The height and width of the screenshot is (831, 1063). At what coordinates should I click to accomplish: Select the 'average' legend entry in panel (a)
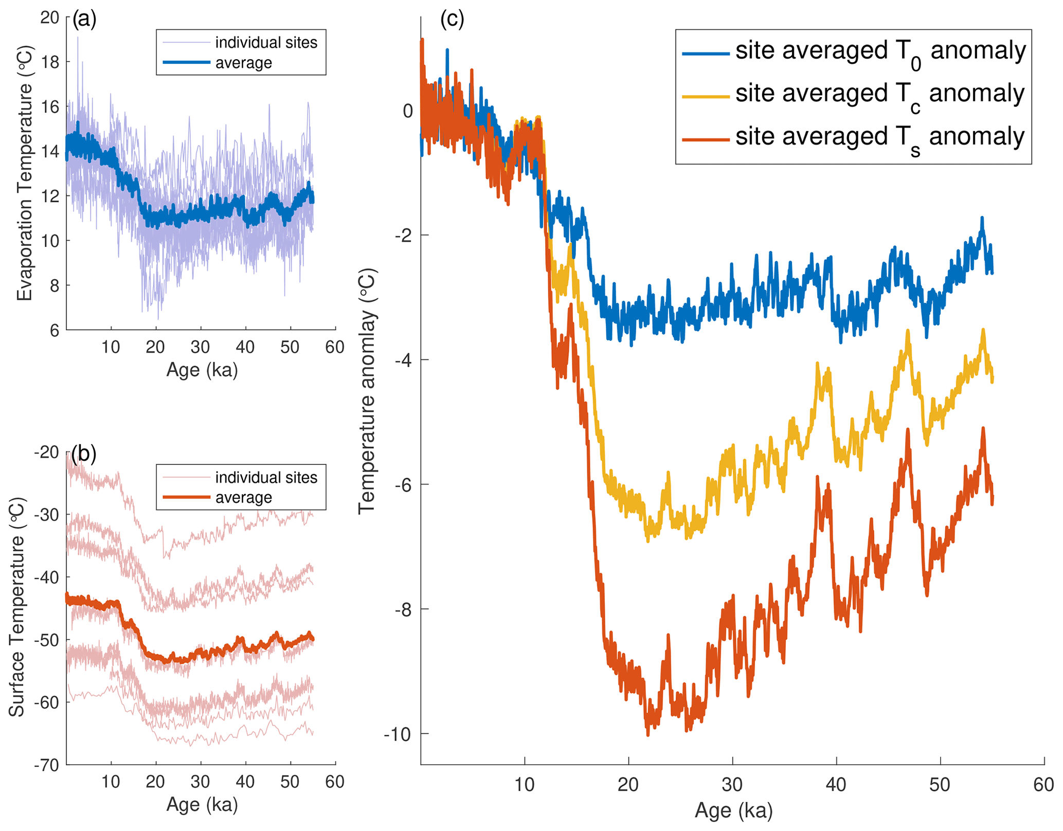(243, 63)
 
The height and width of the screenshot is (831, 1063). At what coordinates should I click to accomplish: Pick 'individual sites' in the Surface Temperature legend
(266, 477)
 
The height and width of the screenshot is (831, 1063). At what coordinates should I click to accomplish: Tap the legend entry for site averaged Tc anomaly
(879, 95)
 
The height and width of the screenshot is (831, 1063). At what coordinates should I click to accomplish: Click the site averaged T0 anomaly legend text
(880, 52)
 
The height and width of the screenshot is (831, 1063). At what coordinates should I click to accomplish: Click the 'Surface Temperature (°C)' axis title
(17, 607)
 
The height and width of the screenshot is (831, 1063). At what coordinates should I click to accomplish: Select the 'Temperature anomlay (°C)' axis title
(367, 391)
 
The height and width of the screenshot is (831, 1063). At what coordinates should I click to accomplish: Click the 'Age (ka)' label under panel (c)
(733, 810)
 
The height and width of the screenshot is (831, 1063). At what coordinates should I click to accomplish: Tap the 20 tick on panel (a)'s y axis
(50, 18)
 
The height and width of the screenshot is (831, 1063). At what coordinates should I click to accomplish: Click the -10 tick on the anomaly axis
(398, 734)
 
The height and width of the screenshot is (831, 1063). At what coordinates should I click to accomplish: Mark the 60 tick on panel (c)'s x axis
(1043, 785)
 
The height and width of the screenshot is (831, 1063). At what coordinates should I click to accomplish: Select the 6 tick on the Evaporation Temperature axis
(55, 330)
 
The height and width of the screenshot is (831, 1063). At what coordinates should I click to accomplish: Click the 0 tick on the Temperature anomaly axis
(408, 111)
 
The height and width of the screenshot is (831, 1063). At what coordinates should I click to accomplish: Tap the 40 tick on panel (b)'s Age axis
(245, 782)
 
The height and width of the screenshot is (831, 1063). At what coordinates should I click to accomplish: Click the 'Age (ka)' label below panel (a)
(202, 370)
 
